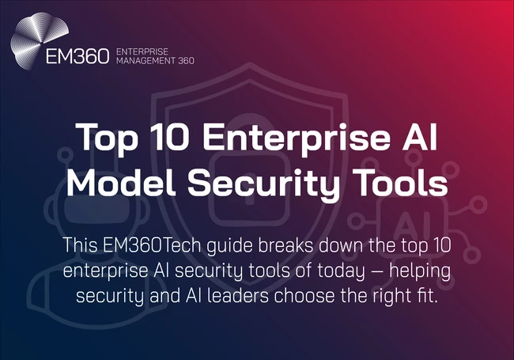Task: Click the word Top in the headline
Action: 101,140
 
